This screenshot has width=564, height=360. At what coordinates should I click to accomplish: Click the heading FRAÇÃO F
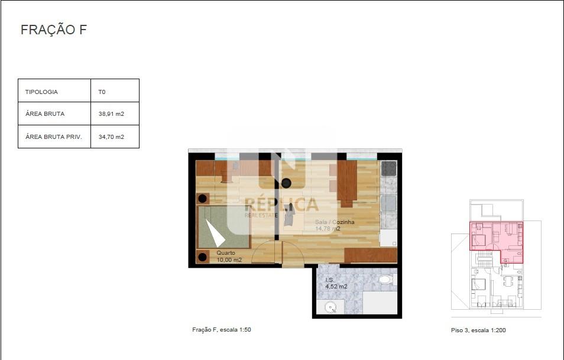tap(54, 30)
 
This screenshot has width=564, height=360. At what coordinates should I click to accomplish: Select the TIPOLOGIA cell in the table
tap(41, 92)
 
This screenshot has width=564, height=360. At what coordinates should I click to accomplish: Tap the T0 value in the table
tap(102, 92)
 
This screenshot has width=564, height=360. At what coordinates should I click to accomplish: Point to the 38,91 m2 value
tap(111, 114)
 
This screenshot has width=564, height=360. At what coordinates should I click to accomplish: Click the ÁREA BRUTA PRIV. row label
tap(54, 137)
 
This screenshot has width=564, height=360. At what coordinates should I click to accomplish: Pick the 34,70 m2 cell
tap(111, 137)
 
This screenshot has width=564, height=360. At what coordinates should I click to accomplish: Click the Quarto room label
tap(225, 253)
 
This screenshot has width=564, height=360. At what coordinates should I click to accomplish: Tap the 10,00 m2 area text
tap(229, 260)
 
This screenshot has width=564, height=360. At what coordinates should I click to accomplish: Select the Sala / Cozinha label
tap(335, 222)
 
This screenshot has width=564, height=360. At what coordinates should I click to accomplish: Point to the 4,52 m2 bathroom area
tap(336, 287)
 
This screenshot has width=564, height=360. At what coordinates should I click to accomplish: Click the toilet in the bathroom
tap(387, 279)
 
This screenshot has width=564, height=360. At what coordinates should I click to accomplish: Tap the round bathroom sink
tap(330, 307)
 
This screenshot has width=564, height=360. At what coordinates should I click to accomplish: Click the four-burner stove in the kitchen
tap(388, 168)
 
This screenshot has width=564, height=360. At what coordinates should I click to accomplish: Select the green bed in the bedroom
tap(223, 228)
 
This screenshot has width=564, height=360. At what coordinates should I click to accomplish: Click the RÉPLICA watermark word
tap(281, 205)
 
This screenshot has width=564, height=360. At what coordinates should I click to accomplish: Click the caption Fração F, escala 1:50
tap(222, 330)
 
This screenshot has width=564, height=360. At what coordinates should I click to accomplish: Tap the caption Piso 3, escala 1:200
tap(478, 330)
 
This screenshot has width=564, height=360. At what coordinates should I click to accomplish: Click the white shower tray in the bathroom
tap(380, 303)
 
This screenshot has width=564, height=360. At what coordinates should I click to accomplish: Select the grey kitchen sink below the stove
tap(388, 203)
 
